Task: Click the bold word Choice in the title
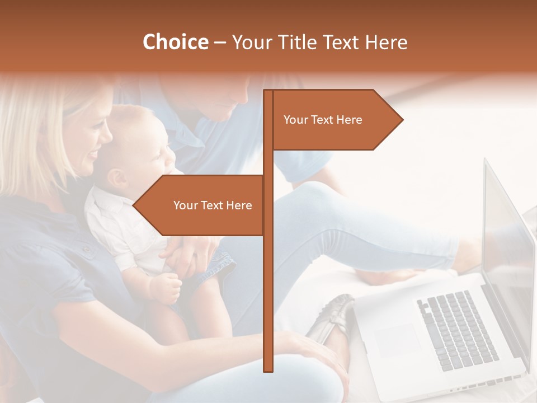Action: tap(175, 43)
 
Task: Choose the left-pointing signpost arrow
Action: tap(198, 205)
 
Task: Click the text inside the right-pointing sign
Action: tap(323, 120)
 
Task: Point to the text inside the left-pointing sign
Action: tap(213, 205)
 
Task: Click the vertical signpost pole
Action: tap(268, 280)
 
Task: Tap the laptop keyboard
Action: tap(456, 330)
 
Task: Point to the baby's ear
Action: tap(117, 178)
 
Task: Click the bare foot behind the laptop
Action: tap(392, 274)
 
